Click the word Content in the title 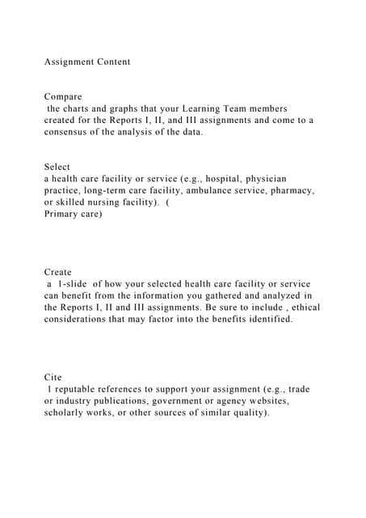click(111, 62)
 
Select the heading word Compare click(63, 96)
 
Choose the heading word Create click(58, 273)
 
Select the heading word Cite click(53, 378)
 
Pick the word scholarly click(69, 413)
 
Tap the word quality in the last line click(248, 413)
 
